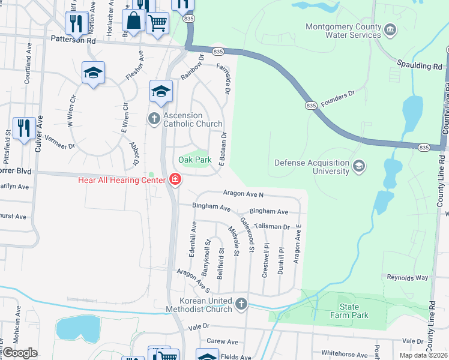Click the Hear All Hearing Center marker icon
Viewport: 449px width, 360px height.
pyautogui.click(x=175, y=179)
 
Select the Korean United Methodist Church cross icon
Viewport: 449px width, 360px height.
pyautogui.click(x=241, y=304)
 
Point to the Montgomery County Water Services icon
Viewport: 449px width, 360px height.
pyautogui.click(x=390, y=30)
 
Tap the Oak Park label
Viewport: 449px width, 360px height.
pyautogui.click(x=195, y=160)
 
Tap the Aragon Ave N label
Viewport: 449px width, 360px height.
pyautogui.click(x=243, y=194)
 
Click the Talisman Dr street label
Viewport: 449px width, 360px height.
pyautogui.click(x=272, y=227)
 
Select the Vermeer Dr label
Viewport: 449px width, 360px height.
pyautogui.click(x=59, y=143)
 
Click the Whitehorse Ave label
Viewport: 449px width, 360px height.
pyautogui.click(x=344, y=355)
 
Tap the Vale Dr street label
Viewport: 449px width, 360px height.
pyautogui.click(x=197, y=326)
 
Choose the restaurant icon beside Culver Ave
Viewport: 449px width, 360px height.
pyautogui.click(x=24, y=128)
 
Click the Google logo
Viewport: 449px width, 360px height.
pyautogui.click(x=20, y=352)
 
